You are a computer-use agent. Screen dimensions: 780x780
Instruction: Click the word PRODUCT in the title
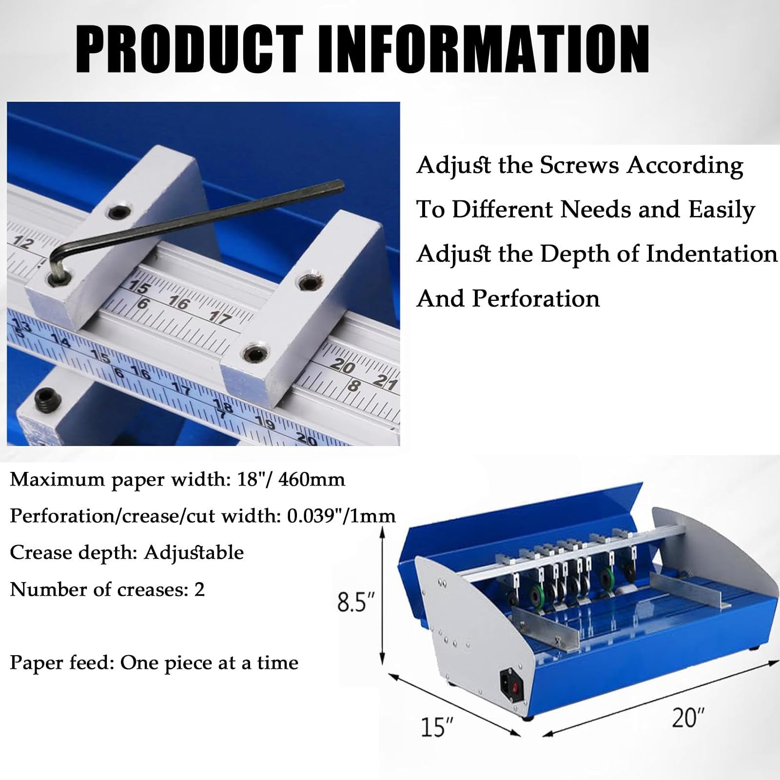[189, 50]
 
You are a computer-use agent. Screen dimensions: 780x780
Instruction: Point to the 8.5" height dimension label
[358, 603]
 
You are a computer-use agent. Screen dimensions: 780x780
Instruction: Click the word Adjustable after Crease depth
[194, 553]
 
